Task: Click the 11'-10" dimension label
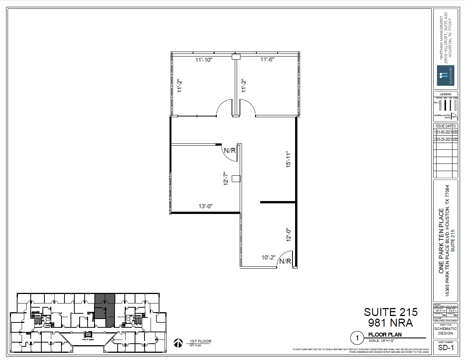pos(204,60)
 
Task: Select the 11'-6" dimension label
pos(267,60)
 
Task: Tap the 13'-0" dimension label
pos(206,206)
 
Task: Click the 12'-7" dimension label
pos(226,178)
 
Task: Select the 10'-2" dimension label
pos(268,258)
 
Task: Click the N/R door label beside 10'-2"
pos(285,261)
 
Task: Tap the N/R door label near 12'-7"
pos(230,151)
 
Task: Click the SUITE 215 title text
pos(391,312)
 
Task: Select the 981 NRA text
pos(391,323)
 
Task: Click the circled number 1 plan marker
pos(357,337)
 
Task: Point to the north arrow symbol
pos(177,343)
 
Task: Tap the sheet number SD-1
pos(445,347)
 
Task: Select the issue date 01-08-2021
pos(444,132)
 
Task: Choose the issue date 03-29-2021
pos(444,140)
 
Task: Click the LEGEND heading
pos(445,94)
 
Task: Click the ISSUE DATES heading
pos(445,126)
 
